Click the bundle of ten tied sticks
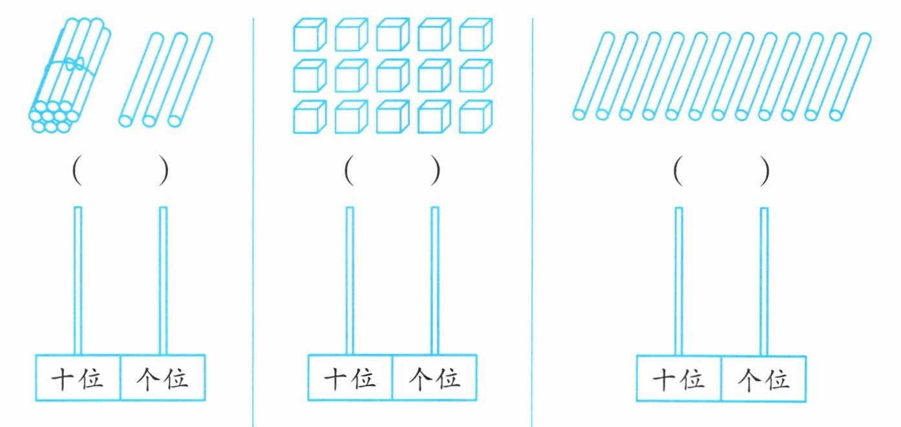tap(68, 74)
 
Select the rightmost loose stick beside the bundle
tap(191, 78)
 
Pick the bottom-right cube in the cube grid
tap(475, 118)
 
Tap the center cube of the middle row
tap(392, 76)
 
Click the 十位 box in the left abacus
tap(78, 378)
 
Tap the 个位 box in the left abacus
tap(163, 378)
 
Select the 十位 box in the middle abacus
tap(350, 378)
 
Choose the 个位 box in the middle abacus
tap(434, 378)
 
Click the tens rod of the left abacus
tap(78, 278)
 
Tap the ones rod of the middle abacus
tap(435, 278)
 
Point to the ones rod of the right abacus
tap(764, 278)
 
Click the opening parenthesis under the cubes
tap(349, 171)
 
